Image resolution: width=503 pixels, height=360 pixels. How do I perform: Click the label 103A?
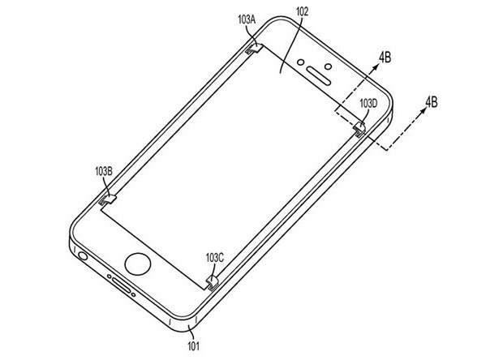point(247,19)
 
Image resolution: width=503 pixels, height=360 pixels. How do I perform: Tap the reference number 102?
point(302,12)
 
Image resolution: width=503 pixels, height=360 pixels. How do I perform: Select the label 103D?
point(368,103)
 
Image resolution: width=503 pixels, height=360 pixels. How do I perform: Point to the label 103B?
point(104,171)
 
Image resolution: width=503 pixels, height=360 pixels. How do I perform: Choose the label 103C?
point(215,257)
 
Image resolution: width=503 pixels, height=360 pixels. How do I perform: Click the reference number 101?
point(193,346)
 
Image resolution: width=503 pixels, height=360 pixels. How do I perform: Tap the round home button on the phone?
point(138,264)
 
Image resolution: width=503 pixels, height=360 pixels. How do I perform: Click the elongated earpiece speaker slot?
point(319,76)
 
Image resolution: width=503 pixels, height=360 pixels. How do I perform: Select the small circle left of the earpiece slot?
point(300,62)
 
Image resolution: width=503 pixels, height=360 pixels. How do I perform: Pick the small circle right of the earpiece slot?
point(328,66)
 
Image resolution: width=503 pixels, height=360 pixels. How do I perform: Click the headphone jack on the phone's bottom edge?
point(83,256)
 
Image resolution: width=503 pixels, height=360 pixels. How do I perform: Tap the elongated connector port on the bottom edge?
point(121,285)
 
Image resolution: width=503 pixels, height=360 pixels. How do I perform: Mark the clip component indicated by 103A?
point(254,49)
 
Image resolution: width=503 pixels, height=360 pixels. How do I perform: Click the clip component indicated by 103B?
point(106,200)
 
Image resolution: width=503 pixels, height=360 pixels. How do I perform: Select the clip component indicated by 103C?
point(213,282)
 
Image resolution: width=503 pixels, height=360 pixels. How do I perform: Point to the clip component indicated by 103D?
point(359,129)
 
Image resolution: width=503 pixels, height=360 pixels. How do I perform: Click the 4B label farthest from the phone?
point(431,102)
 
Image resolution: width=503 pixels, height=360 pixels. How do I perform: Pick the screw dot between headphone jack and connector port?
point(110,276)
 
